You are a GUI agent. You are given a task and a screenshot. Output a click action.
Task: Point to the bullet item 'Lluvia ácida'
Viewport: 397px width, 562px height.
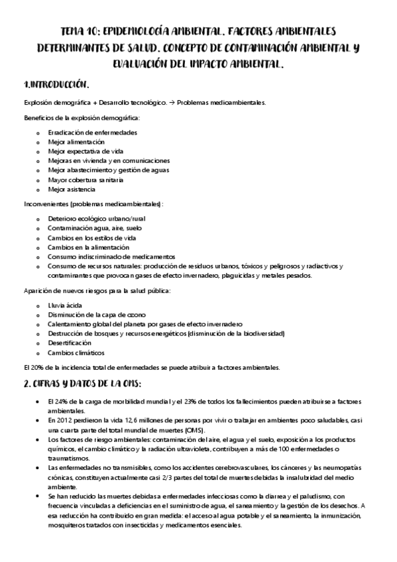pyautogui.click(x=65, y=305)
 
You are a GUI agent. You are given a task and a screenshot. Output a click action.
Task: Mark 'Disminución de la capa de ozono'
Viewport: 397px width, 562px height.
pyautogui.click(x=97, y=314)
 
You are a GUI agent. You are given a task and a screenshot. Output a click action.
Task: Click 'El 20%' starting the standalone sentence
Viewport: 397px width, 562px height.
pyautogui.click(x=32, y=368)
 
